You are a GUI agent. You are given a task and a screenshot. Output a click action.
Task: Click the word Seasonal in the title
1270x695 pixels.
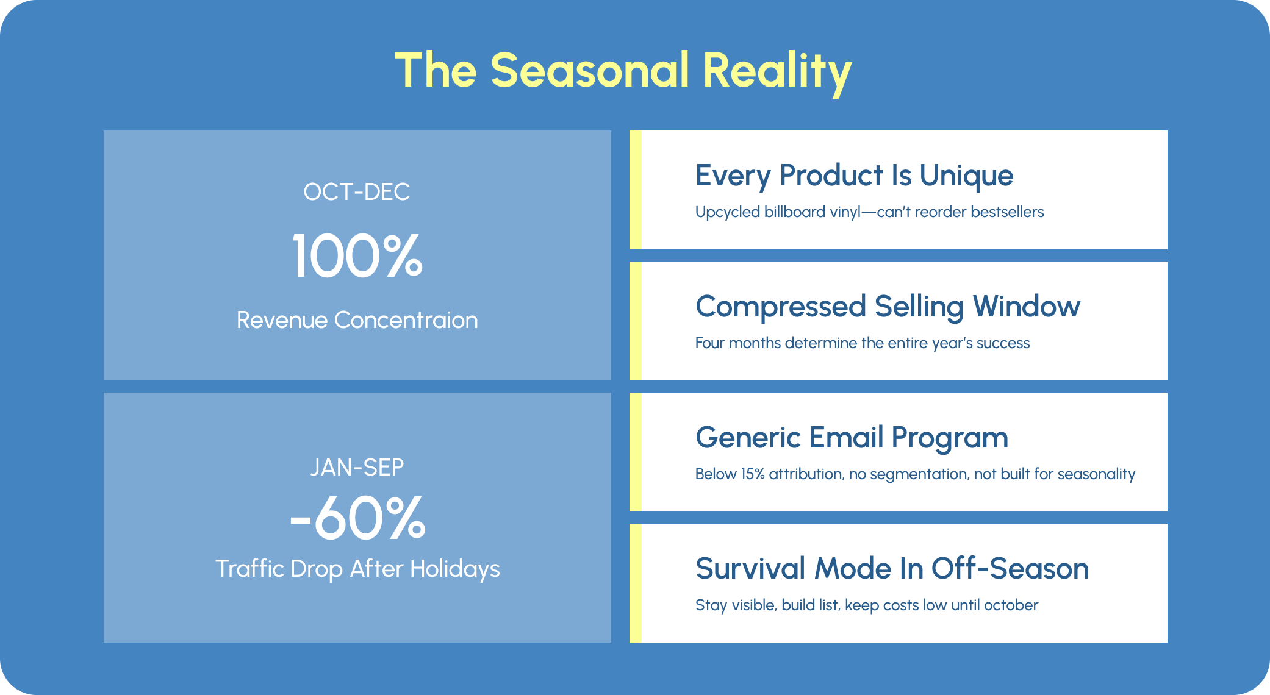pyautogui.click(x=590, y=70)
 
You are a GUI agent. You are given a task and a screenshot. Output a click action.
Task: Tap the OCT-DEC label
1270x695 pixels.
pyautogui.click(x=357, y=192)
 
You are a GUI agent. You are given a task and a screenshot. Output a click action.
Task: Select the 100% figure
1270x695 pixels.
pyautogui.click(x=357, y=256)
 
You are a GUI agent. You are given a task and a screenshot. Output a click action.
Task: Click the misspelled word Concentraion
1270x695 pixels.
pyautogui.click(x=406, y=320)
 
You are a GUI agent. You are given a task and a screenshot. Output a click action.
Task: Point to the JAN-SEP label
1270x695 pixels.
pyautogui.click(x=357, y=468)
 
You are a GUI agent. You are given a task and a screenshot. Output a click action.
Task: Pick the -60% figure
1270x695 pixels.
pyautogui.click(x=357, y=518)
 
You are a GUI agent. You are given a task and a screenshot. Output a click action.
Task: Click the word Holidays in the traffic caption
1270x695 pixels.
pyautogui.click(x=455, y=569)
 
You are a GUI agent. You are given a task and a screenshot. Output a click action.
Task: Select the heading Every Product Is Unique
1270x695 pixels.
pyautogui.click(x=855, y=176)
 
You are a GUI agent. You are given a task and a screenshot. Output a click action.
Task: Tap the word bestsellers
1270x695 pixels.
pyautogui.click(x=1007, y=212)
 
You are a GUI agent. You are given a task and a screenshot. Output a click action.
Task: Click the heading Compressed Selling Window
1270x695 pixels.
pyautogui.click(x=888, y=307)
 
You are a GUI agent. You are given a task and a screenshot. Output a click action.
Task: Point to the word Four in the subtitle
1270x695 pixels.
pyautogui.click(x=710, y=343)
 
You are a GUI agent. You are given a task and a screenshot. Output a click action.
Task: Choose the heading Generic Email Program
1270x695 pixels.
pyautogui.click(x=852, y=438)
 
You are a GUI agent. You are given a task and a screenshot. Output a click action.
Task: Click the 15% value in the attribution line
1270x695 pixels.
pyautogui.click(x=753, y=474)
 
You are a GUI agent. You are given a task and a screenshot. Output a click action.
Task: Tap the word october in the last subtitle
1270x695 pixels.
pyautogui.click(x=1011, y=605)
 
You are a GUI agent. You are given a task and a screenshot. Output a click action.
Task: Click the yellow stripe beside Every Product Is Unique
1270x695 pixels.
pyautogui.click(x=636, y=190)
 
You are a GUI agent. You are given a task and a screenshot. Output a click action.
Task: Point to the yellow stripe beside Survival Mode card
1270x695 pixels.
pyautogui.click(x=636, y=583)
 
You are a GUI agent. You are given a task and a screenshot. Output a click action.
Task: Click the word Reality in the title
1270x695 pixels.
pyautogui.click(x=777, y=72)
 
